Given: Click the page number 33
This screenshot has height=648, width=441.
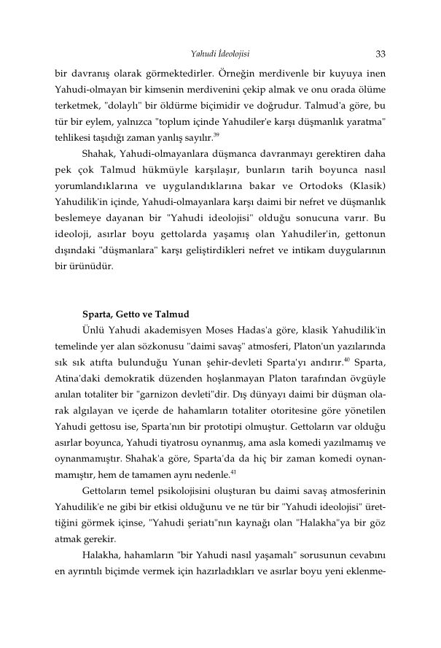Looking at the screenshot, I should point(380,53).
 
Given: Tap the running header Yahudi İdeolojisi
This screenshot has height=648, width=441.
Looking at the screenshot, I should point(221,53).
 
